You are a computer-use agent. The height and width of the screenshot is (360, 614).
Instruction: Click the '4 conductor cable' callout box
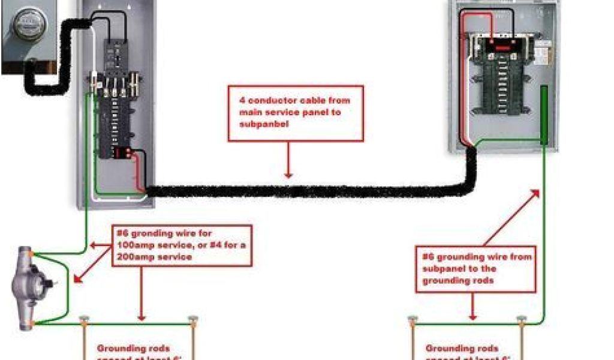[296, 113]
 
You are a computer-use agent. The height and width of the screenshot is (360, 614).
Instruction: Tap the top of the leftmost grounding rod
[84, 320]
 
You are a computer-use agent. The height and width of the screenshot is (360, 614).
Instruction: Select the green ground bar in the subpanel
[544, 115]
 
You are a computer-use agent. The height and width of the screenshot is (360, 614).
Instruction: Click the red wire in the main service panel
[139, 171]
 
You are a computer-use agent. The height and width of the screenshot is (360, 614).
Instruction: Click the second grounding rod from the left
[192, 320]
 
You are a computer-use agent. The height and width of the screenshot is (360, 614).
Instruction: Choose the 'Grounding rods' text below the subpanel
[462, 348]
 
